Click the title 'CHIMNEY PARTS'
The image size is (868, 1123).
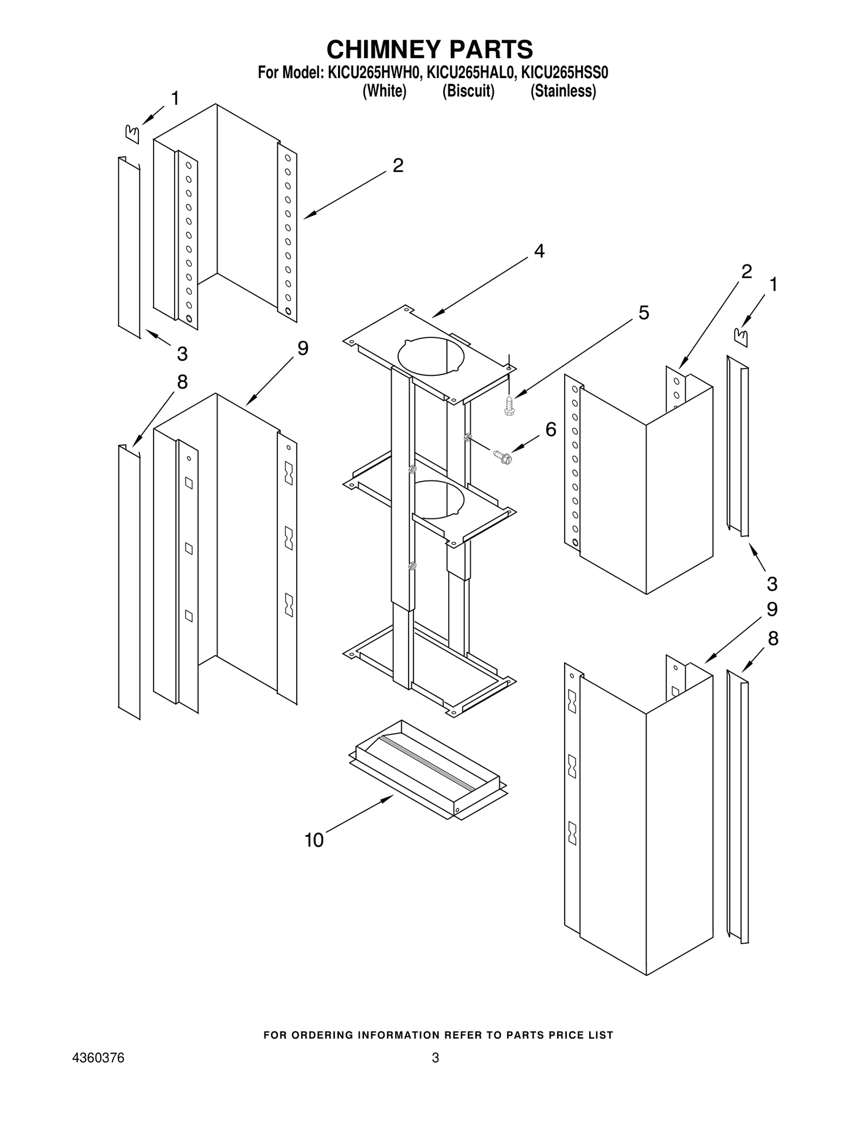tap(430, 49)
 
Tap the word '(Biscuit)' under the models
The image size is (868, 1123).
tap(468, 91)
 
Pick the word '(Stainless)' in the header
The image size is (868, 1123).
tap(563, 91)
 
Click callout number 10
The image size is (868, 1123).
tap(314, 840)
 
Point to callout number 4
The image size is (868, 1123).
tap(539, 251)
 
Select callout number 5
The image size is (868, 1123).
tap(643, 313)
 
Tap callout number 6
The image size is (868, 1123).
tap(551, 429)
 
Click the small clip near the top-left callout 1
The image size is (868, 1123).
tap(132, 133)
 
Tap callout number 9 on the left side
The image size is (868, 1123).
tap(302, 349)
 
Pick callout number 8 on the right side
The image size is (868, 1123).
tap(773, 639)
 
